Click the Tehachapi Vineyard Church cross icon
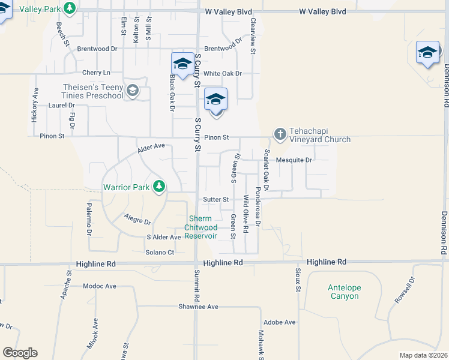tap(280, 134)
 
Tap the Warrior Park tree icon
tap(159, 187)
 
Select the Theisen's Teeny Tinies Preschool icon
tap(133, 91)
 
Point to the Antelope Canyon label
tap(345, 292)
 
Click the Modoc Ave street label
tap(100, 286)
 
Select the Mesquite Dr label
tap(294, 160)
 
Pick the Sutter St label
tap(216, 199)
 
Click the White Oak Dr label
tap(222, 74)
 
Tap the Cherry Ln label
tap(97, 73)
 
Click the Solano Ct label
tap(160, 252)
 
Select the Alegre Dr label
tap(137, 218)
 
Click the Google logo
tap(20, 353)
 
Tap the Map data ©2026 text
tap(423, 355)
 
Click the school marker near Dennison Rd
tap(427, 53)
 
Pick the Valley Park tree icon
tap(70, 8)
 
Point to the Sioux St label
tap(298, 280)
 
